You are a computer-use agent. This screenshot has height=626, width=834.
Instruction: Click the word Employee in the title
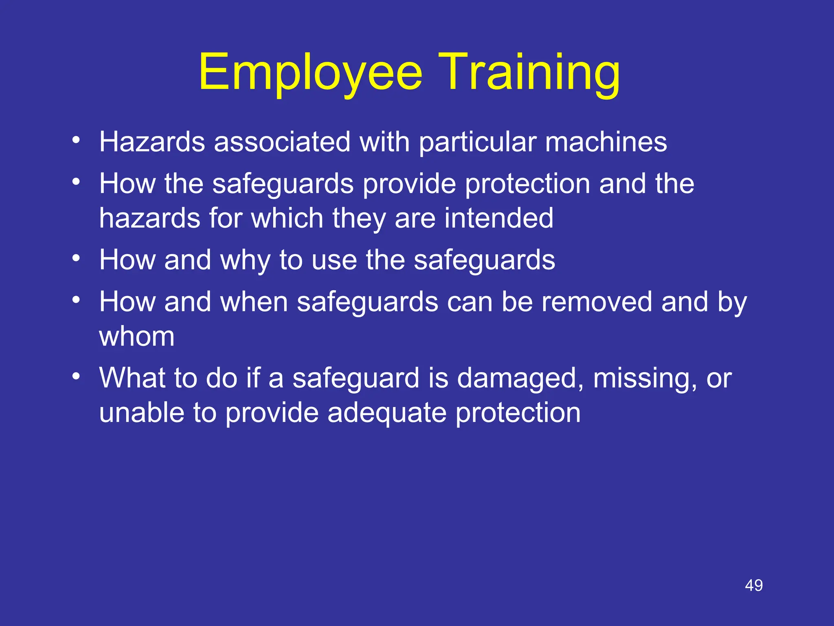pos(310,73)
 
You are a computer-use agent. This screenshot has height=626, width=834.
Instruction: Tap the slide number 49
pos(754,585)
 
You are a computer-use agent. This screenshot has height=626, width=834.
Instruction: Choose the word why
pos(245,261)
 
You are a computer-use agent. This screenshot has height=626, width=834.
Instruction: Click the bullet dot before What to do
pos(76,376)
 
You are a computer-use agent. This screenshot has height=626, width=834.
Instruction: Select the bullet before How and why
pos(76,258)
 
